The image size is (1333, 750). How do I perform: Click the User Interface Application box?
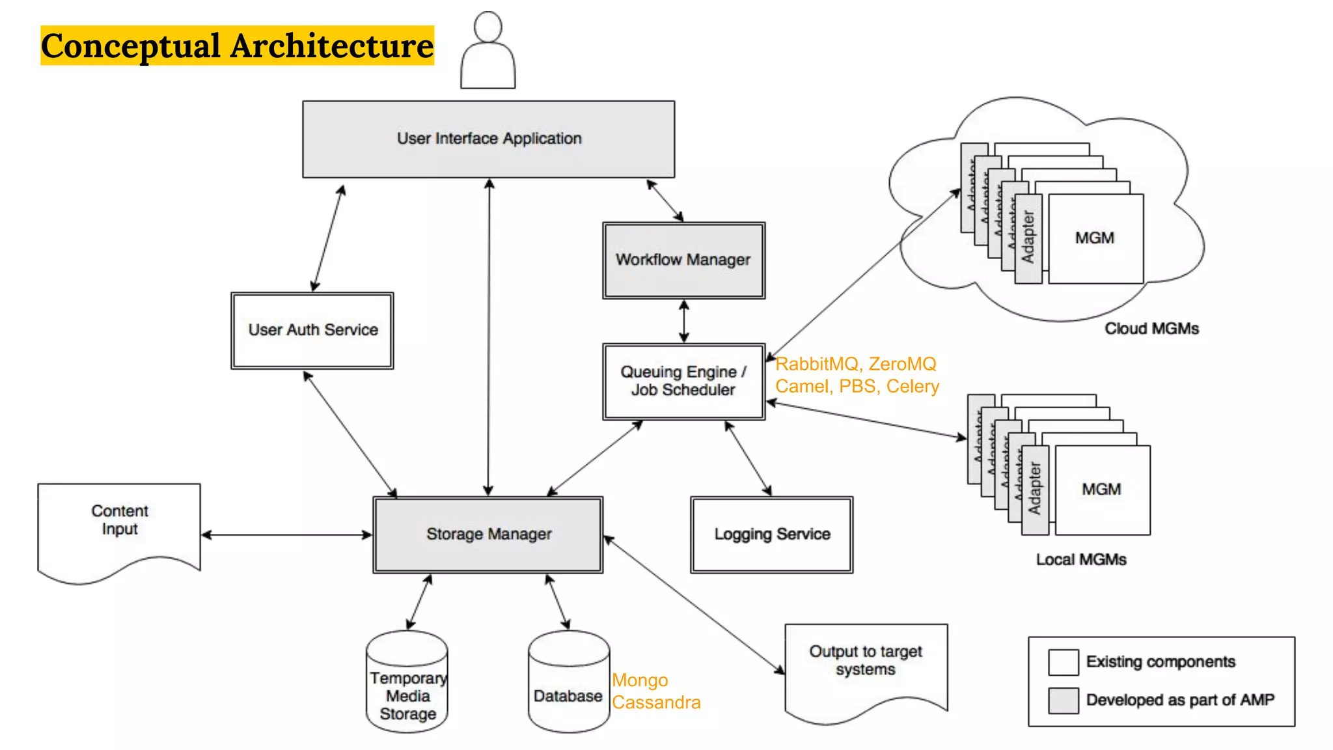click(488, 139)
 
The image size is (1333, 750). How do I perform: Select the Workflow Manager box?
click(683, 260)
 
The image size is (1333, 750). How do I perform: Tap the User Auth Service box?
click(312, 330)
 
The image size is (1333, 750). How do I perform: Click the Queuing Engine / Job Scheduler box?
click(683, 382)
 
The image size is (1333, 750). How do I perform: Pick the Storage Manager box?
click(488, 535)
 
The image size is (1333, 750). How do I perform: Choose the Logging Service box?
click(772, 535)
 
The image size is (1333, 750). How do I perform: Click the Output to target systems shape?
click(866, 667)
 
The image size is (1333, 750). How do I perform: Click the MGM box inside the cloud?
click(1095, 238)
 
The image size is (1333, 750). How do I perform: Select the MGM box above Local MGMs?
click(1102, 490)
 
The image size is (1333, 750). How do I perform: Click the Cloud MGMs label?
click(1151, 329)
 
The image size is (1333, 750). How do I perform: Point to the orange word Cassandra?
click(656, 703)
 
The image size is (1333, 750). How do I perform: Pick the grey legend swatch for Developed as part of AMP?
click(1063, 701)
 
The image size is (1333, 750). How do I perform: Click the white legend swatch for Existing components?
click(1063, 662)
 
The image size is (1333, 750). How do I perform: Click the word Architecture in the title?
click(332, 46)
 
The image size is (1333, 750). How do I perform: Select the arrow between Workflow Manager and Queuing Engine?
click(683, 321)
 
